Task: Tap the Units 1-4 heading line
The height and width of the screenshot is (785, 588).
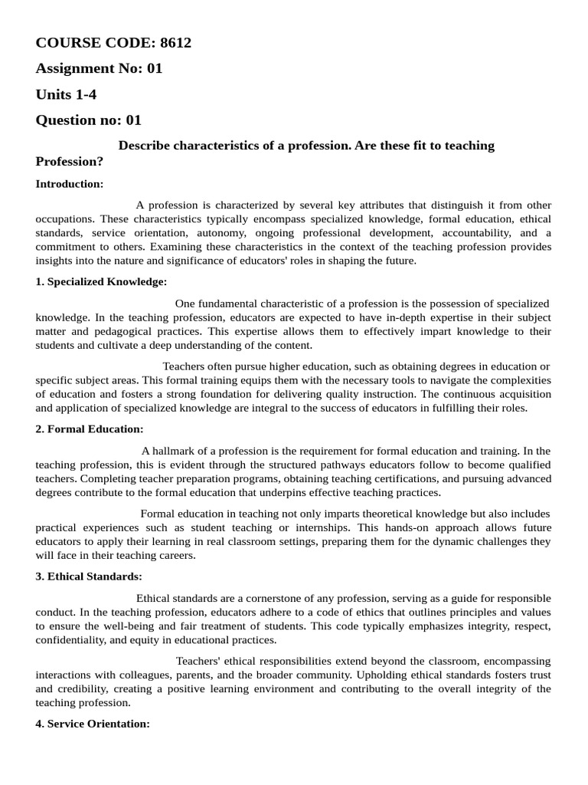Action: [67, 94]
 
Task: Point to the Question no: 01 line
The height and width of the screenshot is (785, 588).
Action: [89, 120]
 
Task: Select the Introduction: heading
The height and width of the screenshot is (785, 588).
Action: [70, 184]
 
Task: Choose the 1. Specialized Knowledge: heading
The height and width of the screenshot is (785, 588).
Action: [101, 281]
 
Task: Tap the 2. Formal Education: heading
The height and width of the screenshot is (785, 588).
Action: [90, 429]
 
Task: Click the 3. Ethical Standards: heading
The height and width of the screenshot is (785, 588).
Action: [89, 576]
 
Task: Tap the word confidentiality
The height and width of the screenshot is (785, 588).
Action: [70, 640]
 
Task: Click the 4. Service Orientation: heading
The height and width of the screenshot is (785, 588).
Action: [93, 724]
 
